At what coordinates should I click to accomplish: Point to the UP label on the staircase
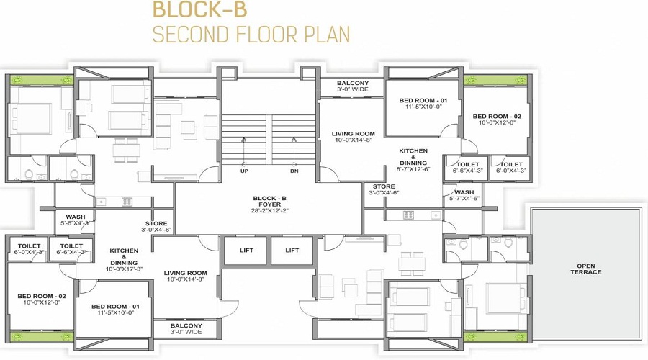coord(245,171)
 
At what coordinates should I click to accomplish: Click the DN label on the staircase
coord(294,171)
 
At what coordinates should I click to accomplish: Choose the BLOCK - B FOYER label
coord(269,202)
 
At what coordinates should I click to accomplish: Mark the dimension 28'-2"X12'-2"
coord(269,212)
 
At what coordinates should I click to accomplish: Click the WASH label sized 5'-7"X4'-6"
coord(464,192)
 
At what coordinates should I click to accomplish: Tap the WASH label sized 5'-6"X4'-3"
coord(76,217)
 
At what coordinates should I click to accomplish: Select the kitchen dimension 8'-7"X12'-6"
coord(413,169)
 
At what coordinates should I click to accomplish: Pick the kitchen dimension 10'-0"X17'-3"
coord(124,269)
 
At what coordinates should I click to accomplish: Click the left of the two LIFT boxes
coord(244,251)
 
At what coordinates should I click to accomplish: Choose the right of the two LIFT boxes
coord(292,251)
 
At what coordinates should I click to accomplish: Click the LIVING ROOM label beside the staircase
coord(353,133)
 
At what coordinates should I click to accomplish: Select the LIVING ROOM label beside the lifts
coord(185,273)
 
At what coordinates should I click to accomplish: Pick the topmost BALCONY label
coord(353,83)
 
